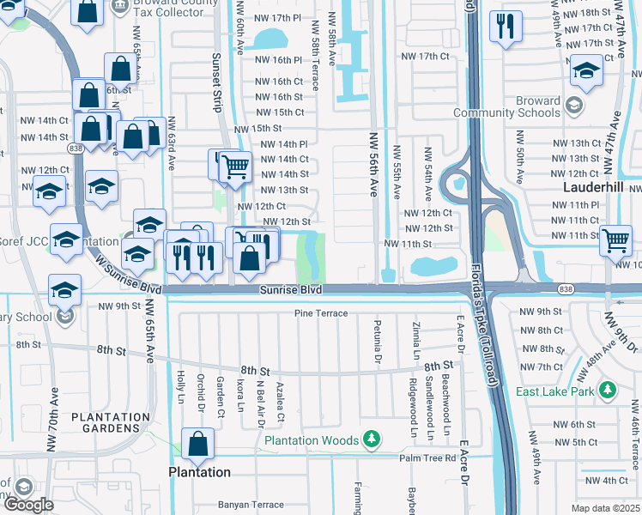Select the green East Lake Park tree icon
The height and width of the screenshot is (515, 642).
click(x=609, y=391)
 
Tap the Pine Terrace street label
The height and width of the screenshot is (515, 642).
click(x=321, y=313)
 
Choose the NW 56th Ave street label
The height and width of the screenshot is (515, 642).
click(x=372, y=166)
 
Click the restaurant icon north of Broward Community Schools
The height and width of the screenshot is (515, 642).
click(x=506, y=26)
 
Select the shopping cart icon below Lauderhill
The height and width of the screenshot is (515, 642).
click(x=615, y=241)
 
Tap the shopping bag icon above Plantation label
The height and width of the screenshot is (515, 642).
click(x=197, y=444)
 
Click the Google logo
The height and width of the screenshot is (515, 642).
click(x=28, y=505)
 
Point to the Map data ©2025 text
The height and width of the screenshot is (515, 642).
click(x=606, y=508)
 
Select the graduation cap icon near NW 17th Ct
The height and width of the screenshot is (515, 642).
click(x=586, y=71)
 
